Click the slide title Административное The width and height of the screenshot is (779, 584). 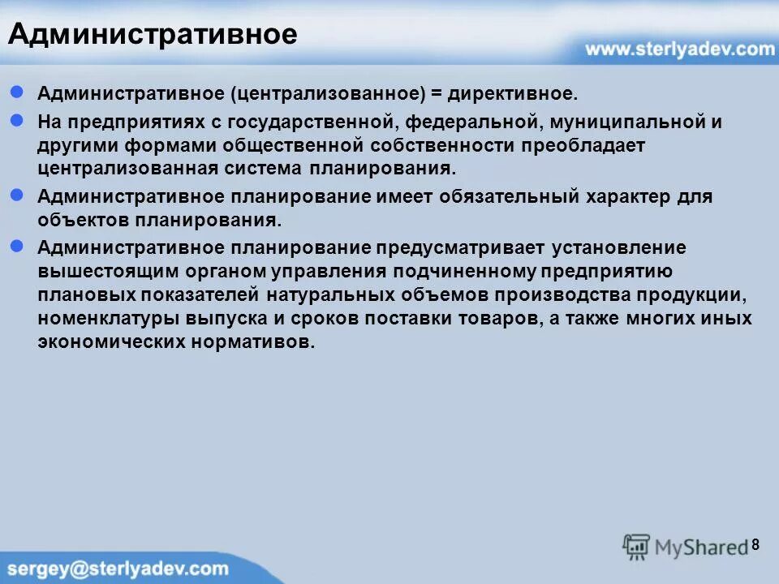(x=153, y=34)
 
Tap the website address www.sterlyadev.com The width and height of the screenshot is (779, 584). (x=680, y=49)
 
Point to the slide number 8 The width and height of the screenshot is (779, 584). (x=755, y=544)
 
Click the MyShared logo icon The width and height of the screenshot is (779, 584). (x=637, y=547)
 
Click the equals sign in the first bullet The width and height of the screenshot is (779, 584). (x=437, y=94)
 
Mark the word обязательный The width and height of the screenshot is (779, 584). (x=498, y=196)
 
